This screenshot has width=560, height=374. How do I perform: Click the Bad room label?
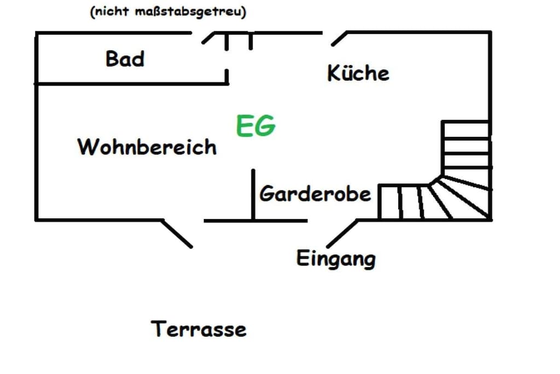[x=125, y=59]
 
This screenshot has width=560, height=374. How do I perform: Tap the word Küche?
[x=358, y=73]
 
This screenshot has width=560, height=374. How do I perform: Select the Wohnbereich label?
[x=147, y=147]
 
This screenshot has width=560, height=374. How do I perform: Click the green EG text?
[x=256, y=125]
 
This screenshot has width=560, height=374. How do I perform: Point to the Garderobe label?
[x=316, y=194]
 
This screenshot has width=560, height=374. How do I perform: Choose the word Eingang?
[x=336, y=258]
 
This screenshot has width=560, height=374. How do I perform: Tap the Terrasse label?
[x=199, y=329]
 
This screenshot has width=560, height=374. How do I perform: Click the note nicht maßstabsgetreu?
[x=168, y=12]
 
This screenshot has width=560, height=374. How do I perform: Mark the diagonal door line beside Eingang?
[x=342, y=233]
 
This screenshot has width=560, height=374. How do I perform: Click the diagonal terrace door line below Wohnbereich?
[x=177, y=233]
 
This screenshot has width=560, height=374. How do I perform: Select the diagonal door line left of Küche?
[x=339, y=39]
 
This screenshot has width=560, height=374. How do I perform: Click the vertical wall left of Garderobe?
[x=253, y=195]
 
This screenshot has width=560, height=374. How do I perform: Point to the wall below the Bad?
[x=131, y=84]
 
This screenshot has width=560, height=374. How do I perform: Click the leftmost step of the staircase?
[x=390, y=202]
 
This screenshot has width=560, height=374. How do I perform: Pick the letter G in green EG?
[x=266, y=125]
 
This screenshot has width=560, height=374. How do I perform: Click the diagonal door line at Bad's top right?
[x=208, y=38]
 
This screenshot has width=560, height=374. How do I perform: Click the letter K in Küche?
[x=333, y=73]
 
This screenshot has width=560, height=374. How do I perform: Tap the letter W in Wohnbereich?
[x=87, y=147]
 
